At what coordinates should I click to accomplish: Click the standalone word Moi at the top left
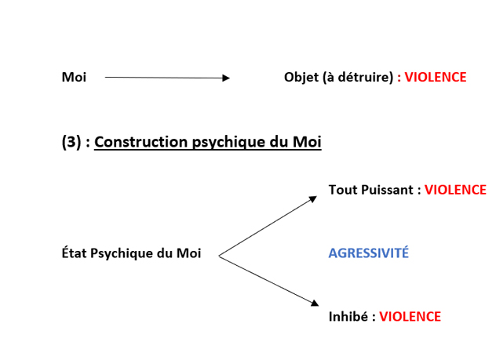74,77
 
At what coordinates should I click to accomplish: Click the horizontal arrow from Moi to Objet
167,78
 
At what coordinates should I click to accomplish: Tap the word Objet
301,78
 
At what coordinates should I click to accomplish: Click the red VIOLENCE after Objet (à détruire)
436,77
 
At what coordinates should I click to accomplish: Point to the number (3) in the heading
71,142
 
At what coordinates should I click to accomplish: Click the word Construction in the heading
141,142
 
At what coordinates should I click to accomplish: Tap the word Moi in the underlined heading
307,142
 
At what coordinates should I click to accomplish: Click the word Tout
344,190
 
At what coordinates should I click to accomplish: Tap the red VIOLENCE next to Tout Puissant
455,190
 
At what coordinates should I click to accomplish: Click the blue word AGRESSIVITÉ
369,253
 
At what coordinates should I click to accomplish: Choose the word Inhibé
348,316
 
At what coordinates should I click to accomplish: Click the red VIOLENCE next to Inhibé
410,317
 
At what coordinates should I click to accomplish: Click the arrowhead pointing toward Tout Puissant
313,198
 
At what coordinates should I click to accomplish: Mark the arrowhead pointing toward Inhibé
315,303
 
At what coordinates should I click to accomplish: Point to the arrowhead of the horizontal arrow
226,78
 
